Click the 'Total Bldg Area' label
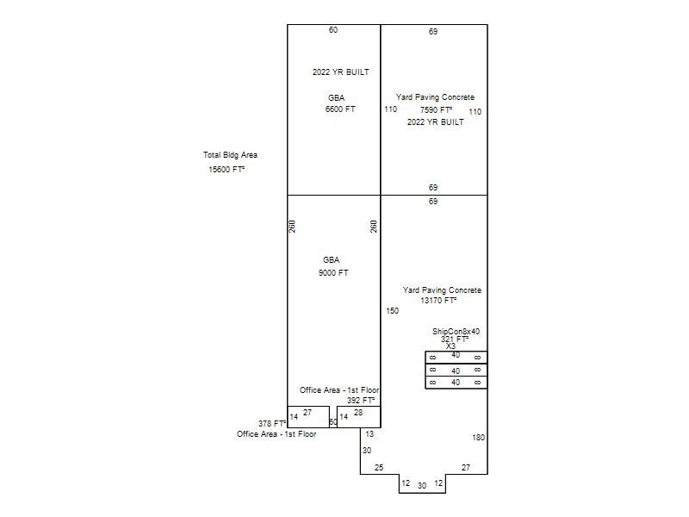[230, 155]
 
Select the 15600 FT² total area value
[227, 169]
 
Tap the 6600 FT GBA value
[340, 109]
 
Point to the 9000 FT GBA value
[333, 272]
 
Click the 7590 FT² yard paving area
[436, 109]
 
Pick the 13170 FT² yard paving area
[438, 300]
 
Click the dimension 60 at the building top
[333, 30]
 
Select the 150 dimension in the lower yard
[393, 311]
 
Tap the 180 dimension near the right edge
[479, 438]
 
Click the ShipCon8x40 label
[456, 332]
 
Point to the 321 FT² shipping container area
[455, 339]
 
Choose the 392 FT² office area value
[361, 400]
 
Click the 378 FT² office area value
[272, 423]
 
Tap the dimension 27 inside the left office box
[307, 413]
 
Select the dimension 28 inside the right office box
[358, 413]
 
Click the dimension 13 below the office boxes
[369, 434]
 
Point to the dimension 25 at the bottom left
[379, 467]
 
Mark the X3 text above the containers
[450, 346]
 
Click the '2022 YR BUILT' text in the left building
[341, 72]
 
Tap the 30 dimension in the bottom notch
[422, 485]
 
